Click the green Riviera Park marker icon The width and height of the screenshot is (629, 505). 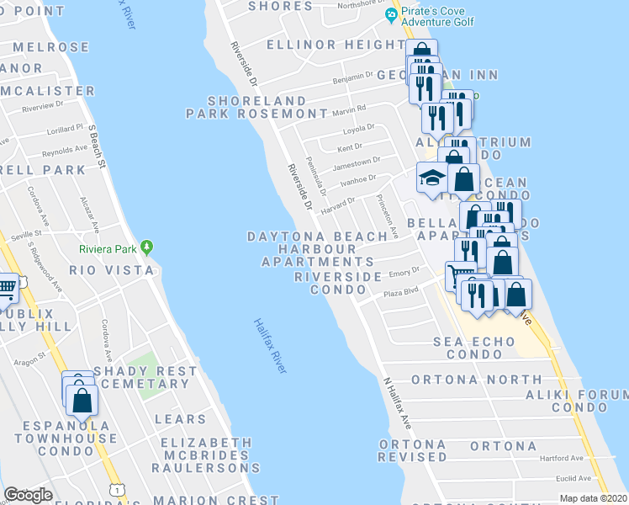[x=148, y=247]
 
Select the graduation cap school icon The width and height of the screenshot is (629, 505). [x=431, y=178]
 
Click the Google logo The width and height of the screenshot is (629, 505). [x=28, y=495]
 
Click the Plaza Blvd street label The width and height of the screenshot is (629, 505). [x=400, y=292]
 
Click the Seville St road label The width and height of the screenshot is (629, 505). [x=25, y=236]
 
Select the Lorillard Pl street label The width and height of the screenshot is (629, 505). [x=66, y=131]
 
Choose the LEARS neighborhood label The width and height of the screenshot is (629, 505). [x=180, y=419]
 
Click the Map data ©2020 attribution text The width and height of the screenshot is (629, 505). [x=593, y=498]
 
